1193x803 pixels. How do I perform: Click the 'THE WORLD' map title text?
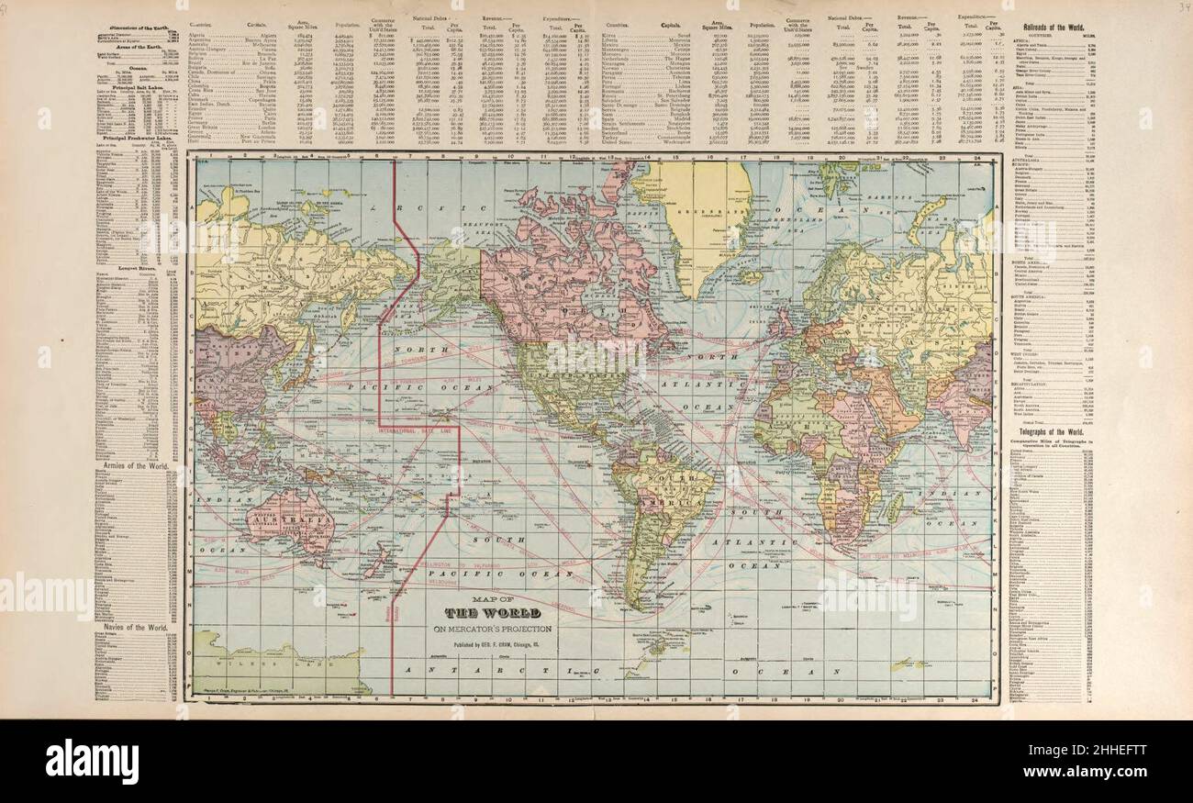[498, 613]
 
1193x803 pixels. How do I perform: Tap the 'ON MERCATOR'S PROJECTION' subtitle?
[498, 628]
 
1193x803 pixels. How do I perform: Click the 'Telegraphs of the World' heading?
[1055, 431]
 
